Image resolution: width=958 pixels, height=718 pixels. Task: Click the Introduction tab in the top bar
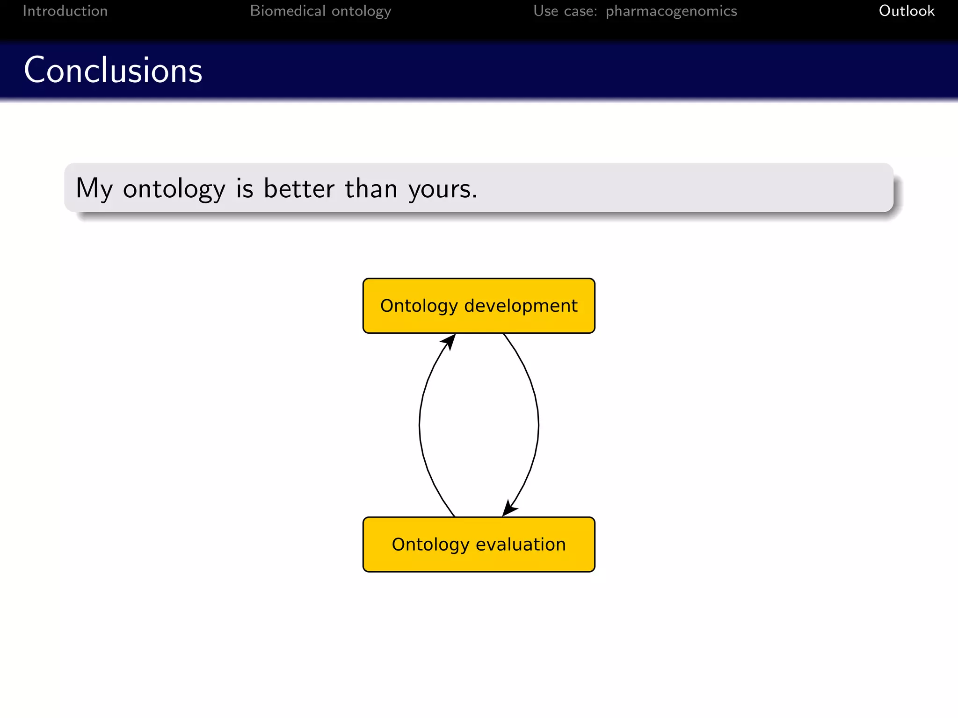[x=65, y=11]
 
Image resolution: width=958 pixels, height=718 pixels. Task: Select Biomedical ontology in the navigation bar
[x=320, y=11]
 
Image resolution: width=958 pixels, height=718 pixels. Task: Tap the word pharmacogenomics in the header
[x=671, y=11]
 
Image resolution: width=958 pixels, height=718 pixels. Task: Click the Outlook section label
[x=906, y=11]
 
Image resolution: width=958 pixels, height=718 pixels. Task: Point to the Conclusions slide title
[x=113, y=70]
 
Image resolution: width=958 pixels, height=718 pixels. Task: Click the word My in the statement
[x=94, y=189]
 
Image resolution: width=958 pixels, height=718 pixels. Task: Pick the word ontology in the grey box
[x=174, y=189]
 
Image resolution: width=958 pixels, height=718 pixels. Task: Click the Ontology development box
[x=479, y=306]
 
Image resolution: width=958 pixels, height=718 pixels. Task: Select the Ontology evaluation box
[x=479, y=545]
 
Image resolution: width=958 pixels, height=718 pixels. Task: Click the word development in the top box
[x=521, y=306]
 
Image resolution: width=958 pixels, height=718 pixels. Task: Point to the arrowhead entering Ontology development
[x=450, y=341]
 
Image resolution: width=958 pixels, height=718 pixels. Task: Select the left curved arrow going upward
[x=420, y=425]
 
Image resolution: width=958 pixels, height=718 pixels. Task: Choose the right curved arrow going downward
[x=538, y=425]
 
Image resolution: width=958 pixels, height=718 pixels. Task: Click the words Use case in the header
[x=565, y=11]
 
